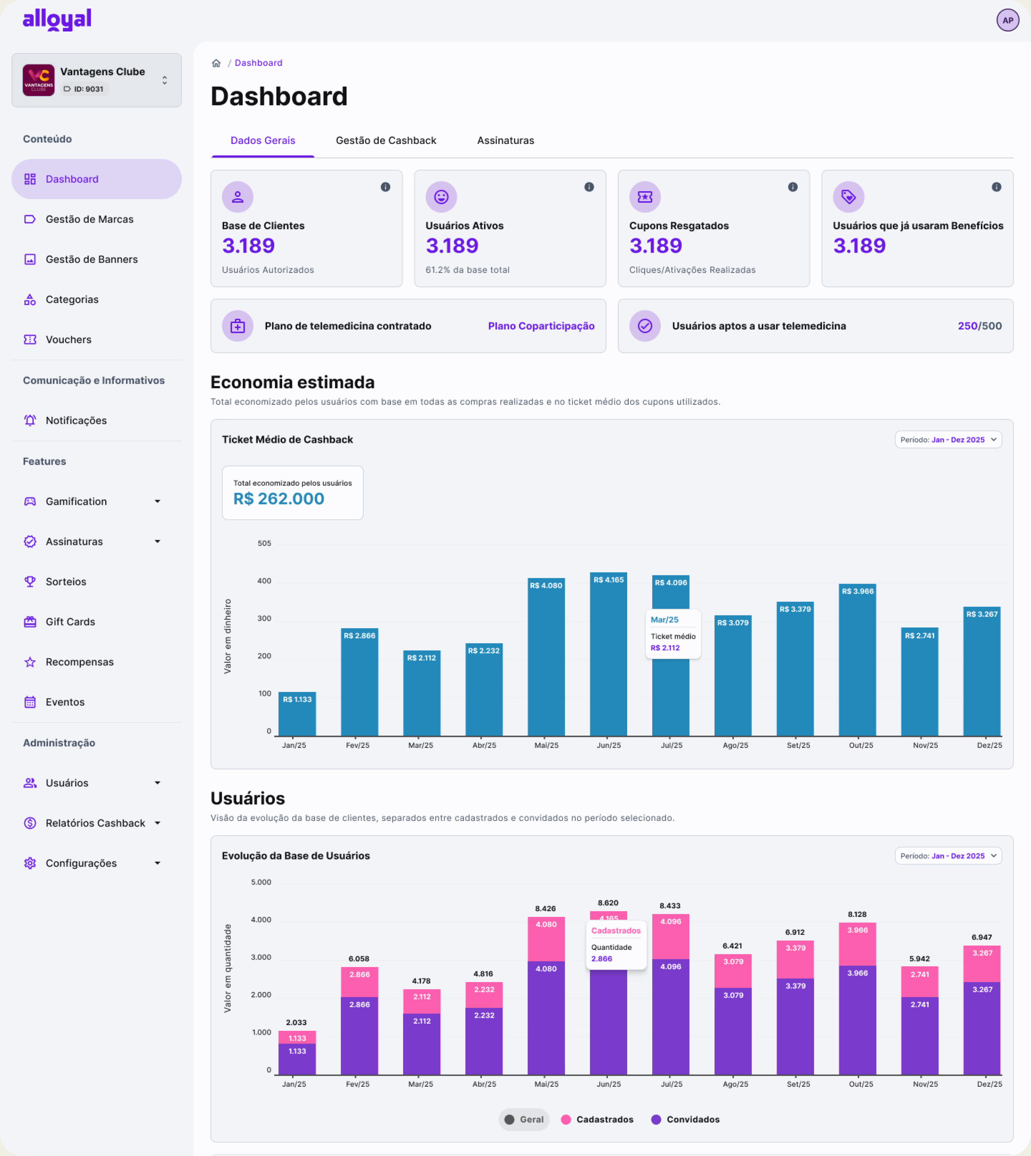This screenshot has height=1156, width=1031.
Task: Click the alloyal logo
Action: click(57, 20)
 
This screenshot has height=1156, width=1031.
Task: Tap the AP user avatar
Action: click(1007, 20)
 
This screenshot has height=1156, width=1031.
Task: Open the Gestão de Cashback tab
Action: click(386, 141)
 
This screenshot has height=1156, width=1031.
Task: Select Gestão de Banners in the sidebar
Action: click(91, 259)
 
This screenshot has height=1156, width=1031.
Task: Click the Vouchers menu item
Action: click(68, 340)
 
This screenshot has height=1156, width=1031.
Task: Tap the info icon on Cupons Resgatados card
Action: click(792, 187)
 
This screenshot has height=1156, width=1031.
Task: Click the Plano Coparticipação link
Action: click(541, 326)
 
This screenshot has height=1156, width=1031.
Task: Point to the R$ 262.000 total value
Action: click(279, 499)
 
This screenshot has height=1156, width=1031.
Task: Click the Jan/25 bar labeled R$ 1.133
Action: click(297, 714)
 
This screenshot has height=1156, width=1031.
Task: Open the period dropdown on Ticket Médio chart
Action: click(948, 440)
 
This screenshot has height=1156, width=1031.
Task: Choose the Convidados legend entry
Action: click(686, 1119)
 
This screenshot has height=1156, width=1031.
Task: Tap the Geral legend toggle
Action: click(524, 1119)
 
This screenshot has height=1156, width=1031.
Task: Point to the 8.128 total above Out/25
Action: click(857, 914)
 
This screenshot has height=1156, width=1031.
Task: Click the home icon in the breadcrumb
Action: click(216, 63)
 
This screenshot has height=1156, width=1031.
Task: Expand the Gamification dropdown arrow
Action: click(157, 502)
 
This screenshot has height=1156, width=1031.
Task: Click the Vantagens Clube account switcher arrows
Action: click(164, 80)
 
